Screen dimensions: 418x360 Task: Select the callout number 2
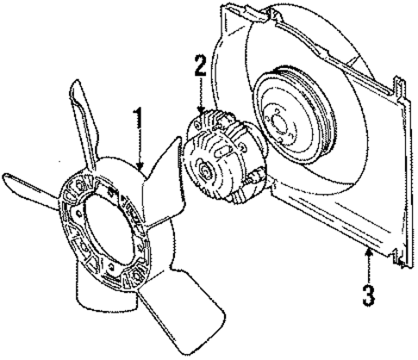tap(201, 65)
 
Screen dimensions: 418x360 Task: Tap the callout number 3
tap(368, 295)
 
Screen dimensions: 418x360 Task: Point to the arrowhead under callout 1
tap(140, 166)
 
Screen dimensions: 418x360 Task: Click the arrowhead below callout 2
tap(201, 110)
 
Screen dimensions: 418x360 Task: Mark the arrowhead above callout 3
tap(369, 253)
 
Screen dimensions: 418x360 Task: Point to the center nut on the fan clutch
tap(206, 171)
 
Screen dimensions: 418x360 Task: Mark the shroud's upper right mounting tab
tap(400, 89)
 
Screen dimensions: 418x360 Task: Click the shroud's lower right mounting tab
tap(400, 258)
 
